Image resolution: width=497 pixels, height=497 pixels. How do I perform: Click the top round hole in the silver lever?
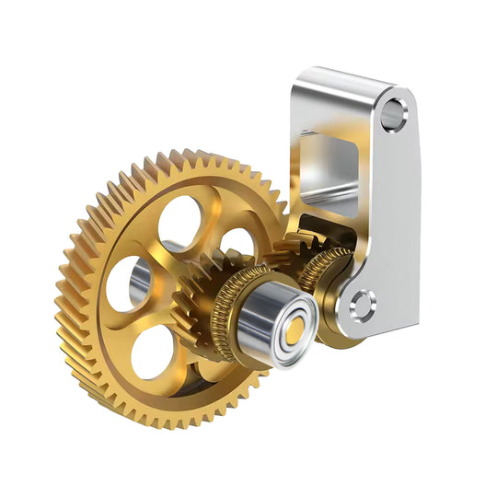tap(395, 112)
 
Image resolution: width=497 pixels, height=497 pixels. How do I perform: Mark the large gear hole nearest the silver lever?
tap(238, 241)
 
